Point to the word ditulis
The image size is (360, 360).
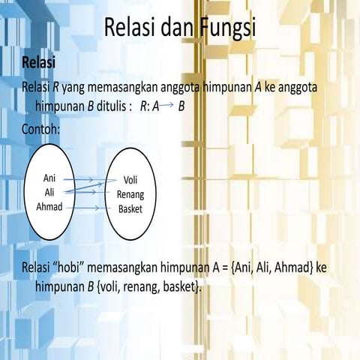tap(114, 106)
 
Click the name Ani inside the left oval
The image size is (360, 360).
tap(50, 180)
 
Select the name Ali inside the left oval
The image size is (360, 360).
tap(50, 193)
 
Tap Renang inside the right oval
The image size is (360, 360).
tap(130, 194)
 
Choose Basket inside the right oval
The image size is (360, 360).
tap(130, 208)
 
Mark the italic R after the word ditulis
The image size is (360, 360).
tap(142, 106)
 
